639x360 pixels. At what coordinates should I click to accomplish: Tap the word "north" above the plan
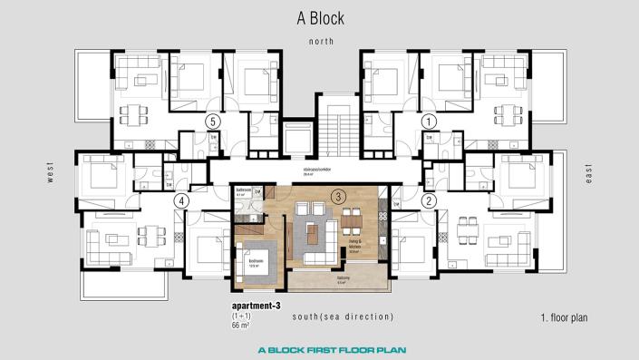coord(321,42)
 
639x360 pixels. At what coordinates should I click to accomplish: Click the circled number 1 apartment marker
coord(430,120)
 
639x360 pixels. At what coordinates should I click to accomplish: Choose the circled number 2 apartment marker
coord(430,200)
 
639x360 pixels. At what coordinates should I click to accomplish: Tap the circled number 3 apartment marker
coord(337,195)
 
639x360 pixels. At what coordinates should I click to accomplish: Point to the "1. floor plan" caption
coord(564,318)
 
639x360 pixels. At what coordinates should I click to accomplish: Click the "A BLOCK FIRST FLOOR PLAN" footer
coord(319,348)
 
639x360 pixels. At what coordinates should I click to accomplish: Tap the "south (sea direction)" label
coord(343,316)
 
